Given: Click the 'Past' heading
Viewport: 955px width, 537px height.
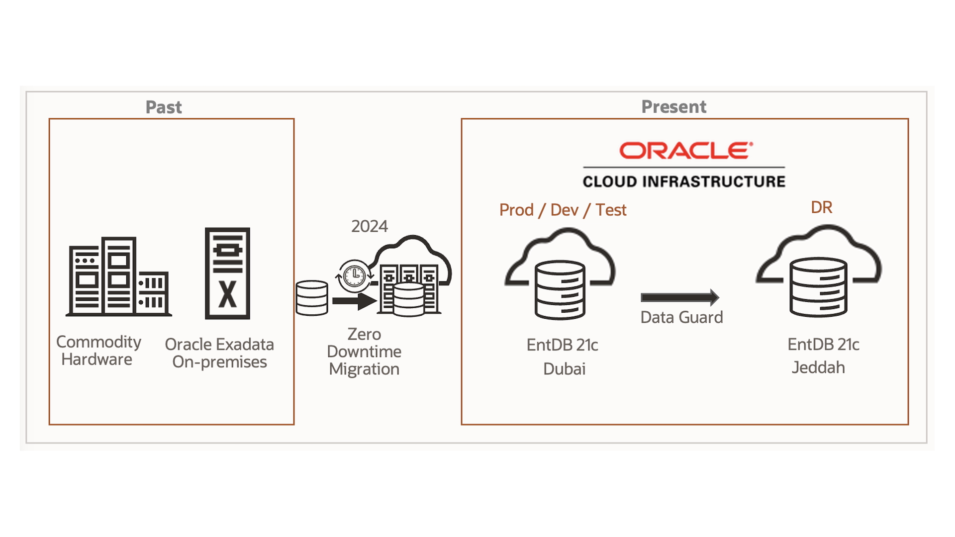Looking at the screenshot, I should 164,107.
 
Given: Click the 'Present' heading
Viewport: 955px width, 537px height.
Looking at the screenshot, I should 673,106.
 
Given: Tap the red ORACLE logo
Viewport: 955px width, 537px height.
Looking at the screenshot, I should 685,151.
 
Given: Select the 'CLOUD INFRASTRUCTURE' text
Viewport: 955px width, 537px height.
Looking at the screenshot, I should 684,181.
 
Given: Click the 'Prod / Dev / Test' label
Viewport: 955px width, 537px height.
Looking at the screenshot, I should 563,210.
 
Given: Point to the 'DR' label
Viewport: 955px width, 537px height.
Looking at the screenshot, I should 821,207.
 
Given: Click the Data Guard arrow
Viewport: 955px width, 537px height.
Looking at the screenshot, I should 679,297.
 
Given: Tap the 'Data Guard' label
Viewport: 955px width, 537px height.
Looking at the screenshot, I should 681,317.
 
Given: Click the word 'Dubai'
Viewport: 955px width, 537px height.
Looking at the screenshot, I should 564,369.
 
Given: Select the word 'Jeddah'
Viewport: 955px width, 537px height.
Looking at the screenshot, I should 818,367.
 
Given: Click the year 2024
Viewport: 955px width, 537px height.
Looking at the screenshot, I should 369,226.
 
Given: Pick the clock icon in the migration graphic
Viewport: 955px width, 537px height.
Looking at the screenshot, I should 355,274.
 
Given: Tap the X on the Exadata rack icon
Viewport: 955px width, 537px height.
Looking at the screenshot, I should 228,295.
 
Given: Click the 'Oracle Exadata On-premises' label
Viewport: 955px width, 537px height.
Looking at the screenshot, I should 219,353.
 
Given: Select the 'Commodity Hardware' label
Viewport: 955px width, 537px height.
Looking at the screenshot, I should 98,351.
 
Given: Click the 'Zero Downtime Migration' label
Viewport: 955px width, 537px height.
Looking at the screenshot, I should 364,352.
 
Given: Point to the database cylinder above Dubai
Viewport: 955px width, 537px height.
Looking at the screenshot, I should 560,289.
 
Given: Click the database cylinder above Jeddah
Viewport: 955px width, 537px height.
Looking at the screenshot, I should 818,287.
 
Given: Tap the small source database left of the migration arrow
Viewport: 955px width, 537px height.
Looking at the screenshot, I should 312,298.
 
